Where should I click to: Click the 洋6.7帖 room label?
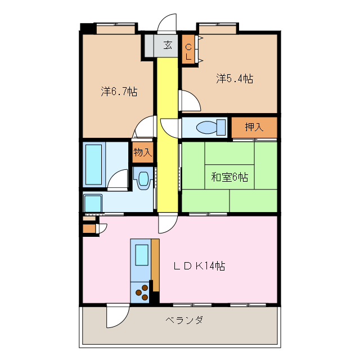[119, 91]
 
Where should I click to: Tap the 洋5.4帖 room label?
[234, 79]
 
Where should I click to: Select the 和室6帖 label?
[229, 177]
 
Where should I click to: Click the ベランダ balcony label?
[184, 320]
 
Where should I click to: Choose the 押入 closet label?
[254, 127]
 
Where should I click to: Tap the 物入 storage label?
[142, 152]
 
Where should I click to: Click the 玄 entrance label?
[168, 46]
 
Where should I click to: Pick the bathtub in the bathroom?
[94, 164]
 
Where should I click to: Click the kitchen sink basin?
[141, 254]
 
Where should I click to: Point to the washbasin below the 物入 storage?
[143, 179]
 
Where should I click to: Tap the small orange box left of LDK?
[89, 228]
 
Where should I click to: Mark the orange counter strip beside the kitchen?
[155, 264]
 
